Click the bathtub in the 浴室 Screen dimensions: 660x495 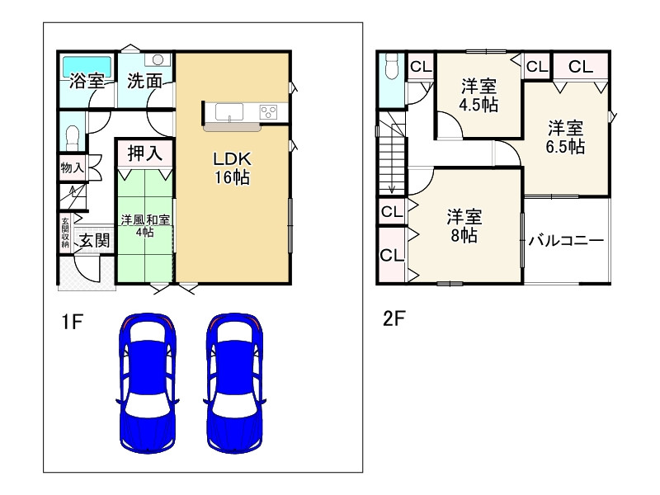pyautogui.click(x=87, y=67)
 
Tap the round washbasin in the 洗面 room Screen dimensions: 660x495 pyautogui.click(x=158, y=60)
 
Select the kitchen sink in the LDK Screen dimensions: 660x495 pyautogui.click(x=229, y=113)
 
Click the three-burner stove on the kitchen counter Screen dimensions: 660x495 pyautogui.click(x=269, y=112)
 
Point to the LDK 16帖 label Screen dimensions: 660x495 pyautogui.click(x=233, y=168)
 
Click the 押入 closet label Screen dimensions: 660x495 pyautogui.click(x=145, y=153)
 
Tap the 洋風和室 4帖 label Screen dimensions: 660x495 pyautogui.click(x=145, y=225)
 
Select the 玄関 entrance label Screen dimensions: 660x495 pyautogui.click(x=95, y=241)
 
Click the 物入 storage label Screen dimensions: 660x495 pyautogui.click(x=72, y=167)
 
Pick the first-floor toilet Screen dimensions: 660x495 pyautogui.click(x=73, y=137)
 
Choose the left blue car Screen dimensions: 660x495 pyautogui.click(x=148, y=383)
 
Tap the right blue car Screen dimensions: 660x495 pyautogui.click(x=234, y=383)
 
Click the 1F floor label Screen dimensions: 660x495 pyautogui.click(x=72, y=322)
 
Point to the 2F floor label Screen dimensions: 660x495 pyautogui.click(x=394, y=318)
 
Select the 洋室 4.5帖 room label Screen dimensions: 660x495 pyautogui.click(x=478, y=95)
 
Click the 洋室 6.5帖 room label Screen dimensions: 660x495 pyautogui.click(x=565, y=137)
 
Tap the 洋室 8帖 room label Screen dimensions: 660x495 pyautogui.click(x=464, y=226)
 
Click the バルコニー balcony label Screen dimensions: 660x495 pyautogui.click(x=566, y=240)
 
